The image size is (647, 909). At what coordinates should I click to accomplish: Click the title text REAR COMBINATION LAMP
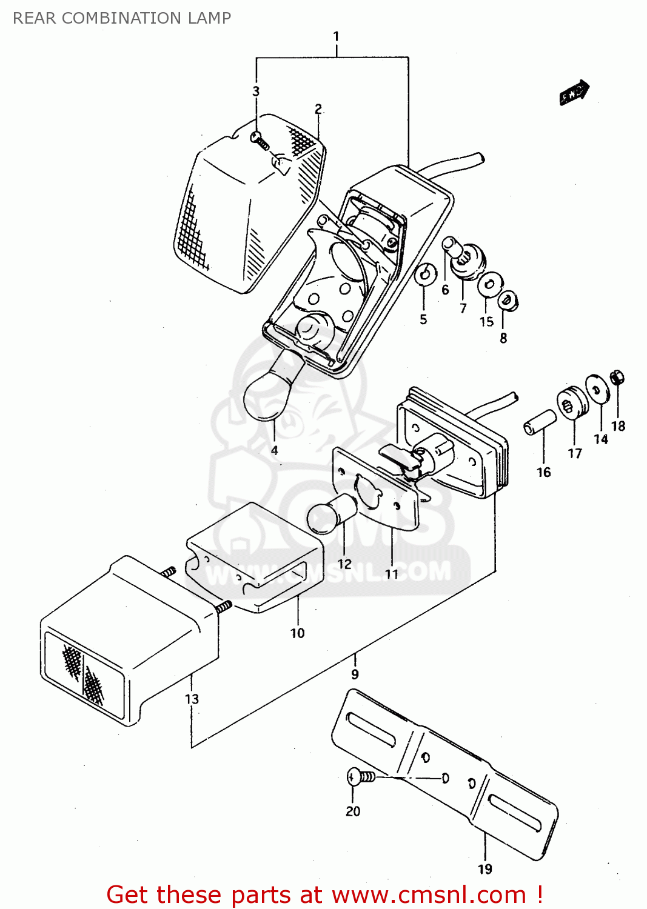pos(122,18)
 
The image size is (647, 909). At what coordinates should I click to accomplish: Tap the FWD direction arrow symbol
pos(574,92)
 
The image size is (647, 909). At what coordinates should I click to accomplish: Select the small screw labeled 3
pos(260,141)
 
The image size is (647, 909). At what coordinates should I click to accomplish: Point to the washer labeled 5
pos(426,275)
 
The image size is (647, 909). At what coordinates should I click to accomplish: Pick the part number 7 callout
pos(463,308)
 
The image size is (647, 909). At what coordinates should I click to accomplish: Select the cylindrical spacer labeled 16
pos(540,422)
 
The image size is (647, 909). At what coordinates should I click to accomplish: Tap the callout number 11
pos(392,573)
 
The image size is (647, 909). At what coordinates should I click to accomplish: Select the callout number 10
pos(297,633)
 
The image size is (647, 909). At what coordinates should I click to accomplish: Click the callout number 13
pos(192,699)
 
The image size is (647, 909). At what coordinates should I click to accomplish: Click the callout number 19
pos(485,869)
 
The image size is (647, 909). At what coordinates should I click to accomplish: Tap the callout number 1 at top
pos(337,36)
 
